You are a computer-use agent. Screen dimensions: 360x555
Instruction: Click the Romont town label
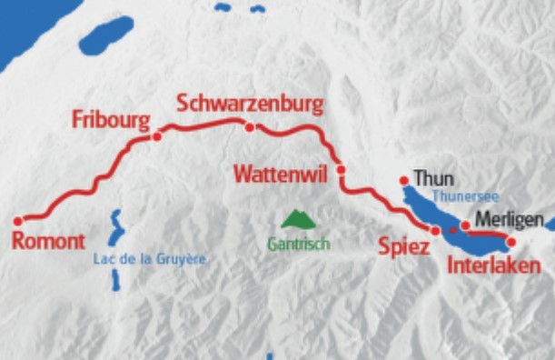point(49,241)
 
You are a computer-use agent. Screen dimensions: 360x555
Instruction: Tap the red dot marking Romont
point(17,221)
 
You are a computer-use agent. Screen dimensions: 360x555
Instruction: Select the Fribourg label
point(110,120)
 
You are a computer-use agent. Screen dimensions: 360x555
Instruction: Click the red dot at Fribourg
point(157,136)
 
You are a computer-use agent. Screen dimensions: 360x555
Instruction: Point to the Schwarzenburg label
point(250,103)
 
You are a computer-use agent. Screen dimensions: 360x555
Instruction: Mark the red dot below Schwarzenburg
point(250,127)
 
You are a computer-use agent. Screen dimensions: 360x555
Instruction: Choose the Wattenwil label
point(282,173)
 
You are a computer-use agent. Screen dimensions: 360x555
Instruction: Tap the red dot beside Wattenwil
point(341,170)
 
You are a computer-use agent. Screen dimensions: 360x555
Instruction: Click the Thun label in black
point(433,178)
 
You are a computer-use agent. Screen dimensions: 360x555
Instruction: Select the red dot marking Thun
point(404,181)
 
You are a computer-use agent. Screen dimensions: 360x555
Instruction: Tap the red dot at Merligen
point(465,225)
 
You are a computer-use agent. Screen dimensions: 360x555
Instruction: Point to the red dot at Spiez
point(435,231)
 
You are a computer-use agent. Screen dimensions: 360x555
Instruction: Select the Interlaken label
point(494,265)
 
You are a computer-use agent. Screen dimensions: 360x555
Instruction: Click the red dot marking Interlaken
point(510,242)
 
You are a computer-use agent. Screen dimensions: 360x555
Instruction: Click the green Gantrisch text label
point(298,244)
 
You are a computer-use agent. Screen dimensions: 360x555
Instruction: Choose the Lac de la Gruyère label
point(150,259)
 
